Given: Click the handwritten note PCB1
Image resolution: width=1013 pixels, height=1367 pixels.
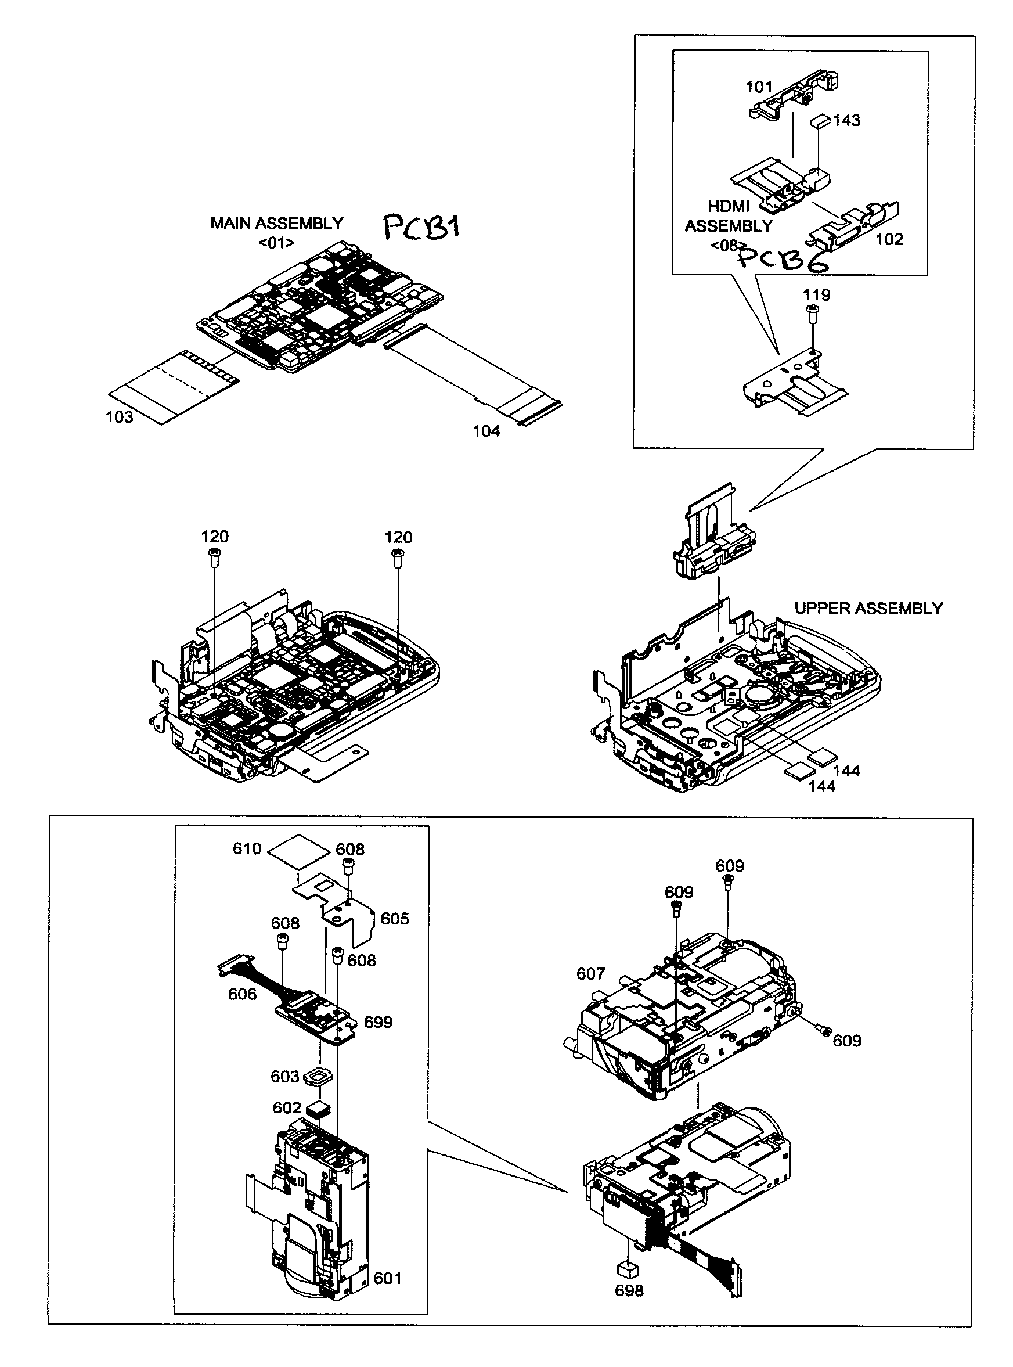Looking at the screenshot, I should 422,228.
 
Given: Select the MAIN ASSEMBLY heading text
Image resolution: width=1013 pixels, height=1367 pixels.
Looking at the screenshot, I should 276,223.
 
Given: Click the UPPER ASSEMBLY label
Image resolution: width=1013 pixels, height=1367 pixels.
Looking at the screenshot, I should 868,609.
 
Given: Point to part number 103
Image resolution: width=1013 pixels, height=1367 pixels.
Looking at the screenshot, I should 120,417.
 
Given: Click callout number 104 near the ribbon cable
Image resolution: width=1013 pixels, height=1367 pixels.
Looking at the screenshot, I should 486,431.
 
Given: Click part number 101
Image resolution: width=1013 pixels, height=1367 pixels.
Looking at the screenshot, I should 759,87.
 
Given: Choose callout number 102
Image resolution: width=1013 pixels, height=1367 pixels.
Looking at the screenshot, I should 889,239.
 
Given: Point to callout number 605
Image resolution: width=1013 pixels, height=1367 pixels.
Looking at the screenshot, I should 394,919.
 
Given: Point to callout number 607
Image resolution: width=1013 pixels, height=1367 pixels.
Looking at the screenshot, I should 590,974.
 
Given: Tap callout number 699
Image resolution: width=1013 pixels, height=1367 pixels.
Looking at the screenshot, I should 378,1022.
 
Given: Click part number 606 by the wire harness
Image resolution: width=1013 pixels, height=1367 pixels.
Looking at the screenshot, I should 242,994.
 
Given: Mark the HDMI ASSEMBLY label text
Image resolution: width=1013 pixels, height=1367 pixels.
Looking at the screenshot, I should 729,217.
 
